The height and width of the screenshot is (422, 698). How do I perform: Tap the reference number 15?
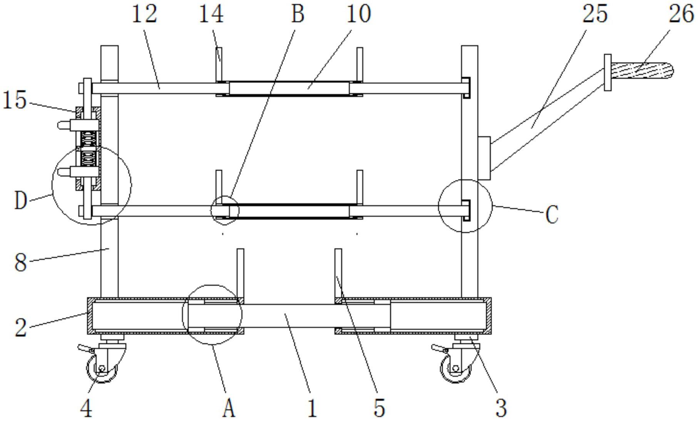click(x=15, y=100)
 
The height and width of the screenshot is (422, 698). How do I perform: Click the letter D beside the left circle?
click(x=21, y=200)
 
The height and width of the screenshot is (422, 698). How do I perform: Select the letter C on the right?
click(x=552, y=215)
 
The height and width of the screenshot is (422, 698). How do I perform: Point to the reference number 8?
click(x=21, y=263)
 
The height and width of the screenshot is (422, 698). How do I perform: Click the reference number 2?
click(x=21, y=328)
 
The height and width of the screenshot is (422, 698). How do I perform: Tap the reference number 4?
click(x=87, y=409)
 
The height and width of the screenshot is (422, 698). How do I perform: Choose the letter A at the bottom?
click(x=229, y=409)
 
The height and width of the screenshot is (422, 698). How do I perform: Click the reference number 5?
click(x=379, y=409)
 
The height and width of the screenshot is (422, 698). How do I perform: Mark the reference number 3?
click(x=501, y=409)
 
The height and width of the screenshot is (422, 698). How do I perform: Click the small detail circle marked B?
click(x=225, y=210)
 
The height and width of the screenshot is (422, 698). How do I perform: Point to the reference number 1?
click(x=312, y=409)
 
